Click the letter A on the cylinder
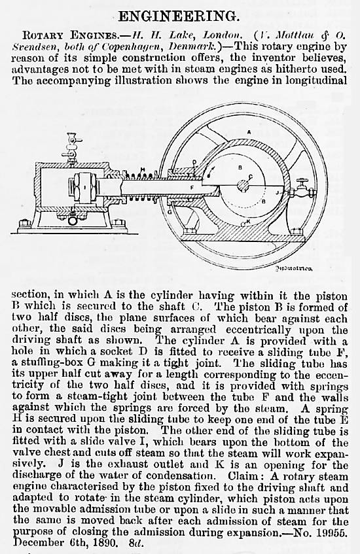[x=249, y=133]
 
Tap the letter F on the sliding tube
[x=192, y=188]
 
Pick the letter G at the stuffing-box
[x=170, y=212]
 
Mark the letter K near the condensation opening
[x=248, y=221]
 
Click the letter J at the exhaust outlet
[x=278, y=192]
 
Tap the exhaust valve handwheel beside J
[x=302, y=182]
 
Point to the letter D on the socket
[x=194, y=162]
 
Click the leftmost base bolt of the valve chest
[x=24, y=223]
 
